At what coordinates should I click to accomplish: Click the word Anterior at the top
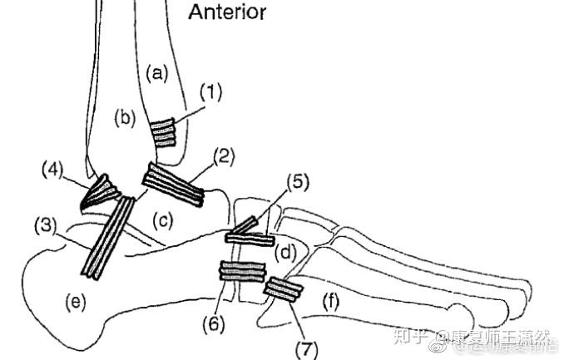(227, 12)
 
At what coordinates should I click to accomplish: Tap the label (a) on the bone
(156, 73)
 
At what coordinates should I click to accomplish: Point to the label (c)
(163, 219)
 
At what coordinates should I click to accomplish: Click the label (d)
(285, 250)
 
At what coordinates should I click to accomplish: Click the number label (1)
(211, 94)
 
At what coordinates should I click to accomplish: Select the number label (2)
(225, 155)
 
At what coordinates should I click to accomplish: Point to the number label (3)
(46, 224)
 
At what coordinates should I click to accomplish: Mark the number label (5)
(298, 181)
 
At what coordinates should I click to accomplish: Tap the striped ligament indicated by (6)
(241, 271)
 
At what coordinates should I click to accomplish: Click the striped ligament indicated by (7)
(283, 288)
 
